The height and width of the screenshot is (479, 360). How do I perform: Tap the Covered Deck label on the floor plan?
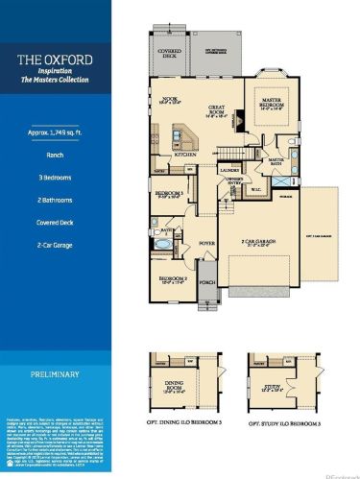[170, 55]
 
